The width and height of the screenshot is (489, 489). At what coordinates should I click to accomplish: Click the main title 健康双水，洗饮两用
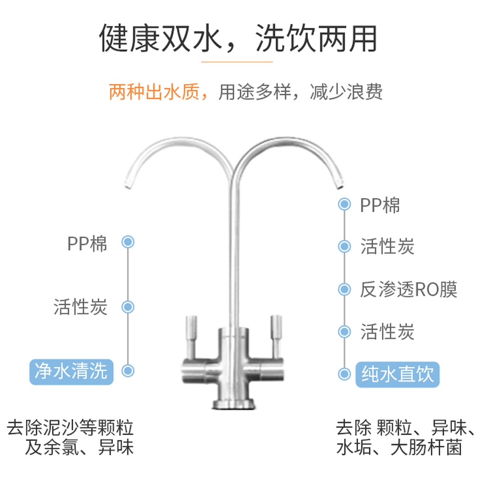pyautogui.click(x=238, y=38)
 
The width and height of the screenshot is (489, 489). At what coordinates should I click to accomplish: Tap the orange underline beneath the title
pyautogui.click(x=237, y=62)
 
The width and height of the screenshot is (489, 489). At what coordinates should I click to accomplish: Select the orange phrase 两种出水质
pyautogui.click(x=155, y=91)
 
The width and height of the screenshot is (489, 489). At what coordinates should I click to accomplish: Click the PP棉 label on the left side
pyautogui.click(x=87, y=244)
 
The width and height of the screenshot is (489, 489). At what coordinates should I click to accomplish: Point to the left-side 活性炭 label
pyautogui.click(x=80, y=307)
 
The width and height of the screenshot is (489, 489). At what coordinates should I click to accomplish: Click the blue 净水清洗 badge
pyautogui.click(x=71, y=371)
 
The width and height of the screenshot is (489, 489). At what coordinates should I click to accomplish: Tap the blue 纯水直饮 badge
pyautogui.click(x=397, y=375)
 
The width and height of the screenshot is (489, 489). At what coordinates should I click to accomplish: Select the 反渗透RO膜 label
pyautogui.click(x=408, y=289)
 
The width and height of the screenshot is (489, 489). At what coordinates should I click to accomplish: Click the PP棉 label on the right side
pyautogui.click(x=380, y=205)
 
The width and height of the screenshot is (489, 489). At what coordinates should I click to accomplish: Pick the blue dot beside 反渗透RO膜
pyautogui.click(x=345, y=289)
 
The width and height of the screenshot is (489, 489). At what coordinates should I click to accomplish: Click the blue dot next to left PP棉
pyautogui.click(x=128, y=242)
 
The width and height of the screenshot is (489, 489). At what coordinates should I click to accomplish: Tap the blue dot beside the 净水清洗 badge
pyautogui.click(x=128, y=371)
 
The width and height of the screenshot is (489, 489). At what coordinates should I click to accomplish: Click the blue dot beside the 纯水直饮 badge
pyautogui.click(x=345, y=374)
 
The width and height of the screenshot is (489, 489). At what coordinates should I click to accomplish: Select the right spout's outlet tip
pyautogui.click(x=338, y=185)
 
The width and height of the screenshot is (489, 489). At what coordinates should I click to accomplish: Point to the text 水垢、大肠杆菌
pyautogui.click(x=399, y=448)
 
